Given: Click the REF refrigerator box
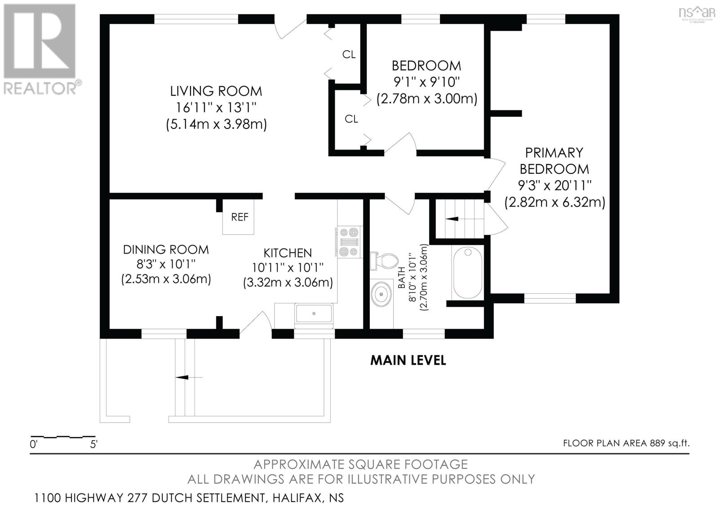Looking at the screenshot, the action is click(x=239, y=216).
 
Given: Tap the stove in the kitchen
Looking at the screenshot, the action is click(x=349, y=242).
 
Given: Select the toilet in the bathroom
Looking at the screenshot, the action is click(x=384, y=261).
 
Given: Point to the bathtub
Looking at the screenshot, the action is click(x=468, y=273).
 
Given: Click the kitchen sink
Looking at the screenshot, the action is click(x=314, y=313).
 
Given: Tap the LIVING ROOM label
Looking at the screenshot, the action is click(x=216, y=91).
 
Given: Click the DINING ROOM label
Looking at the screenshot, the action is click(x=166, y=249).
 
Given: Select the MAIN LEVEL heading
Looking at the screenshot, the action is click(x=408, y=360).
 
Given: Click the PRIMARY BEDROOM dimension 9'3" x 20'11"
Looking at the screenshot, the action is click(x=555, y=185).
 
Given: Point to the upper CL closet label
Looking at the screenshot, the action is click(x=349, y=54).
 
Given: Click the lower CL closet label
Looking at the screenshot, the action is click(x=351, y=119).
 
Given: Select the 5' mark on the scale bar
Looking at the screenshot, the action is click(x=94, y=445).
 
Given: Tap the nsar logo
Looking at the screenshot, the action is click(x=697, y=13).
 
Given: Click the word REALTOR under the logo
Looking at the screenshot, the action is click(x=40, y=88).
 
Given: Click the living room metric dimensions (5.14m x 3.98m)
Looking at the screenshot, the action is click(x=216, y=124).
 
